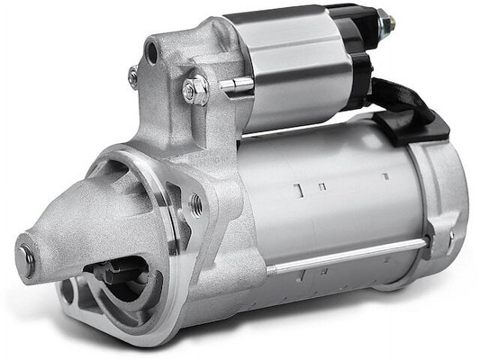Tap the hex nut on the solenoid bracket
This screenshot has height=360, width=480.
pos(195,89)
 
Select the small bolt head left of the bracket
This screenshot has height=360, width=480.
pos(133,76)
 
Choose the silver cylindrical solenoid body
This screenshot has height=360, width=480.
pos(288,72)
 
